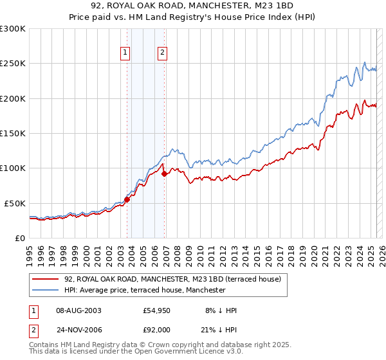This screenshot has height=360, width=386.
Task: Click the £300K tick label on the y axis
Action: click(x=13, y=29)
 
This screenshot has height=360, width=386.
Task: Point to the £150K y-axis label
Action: click(x=13, y=133)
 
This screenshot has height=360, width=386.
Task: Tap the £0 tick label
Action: click(x=19, y=238)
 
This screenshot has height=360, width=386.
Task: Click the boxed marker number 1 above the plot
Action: click(x=125, y=53)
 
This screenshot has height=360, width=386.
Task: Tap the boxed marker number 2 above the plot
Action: click(x=163, y=53)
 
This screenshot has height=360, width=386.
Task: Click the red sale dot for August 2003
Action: click(x=127, y=199)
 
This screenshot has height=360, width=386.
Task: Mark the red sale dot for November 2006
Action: click(x=165, y=173)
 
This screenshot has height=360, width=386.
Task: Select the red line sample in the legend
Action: click(x=46, y=280)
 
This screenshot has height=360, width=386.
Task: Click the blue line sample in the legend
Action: click(x=46, y=290)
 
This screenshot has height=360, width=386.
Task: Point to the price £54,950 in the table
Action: click(x=157, y=310)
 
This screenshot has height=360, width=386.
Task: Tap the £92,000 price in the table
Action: click(x=157, y=328)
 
